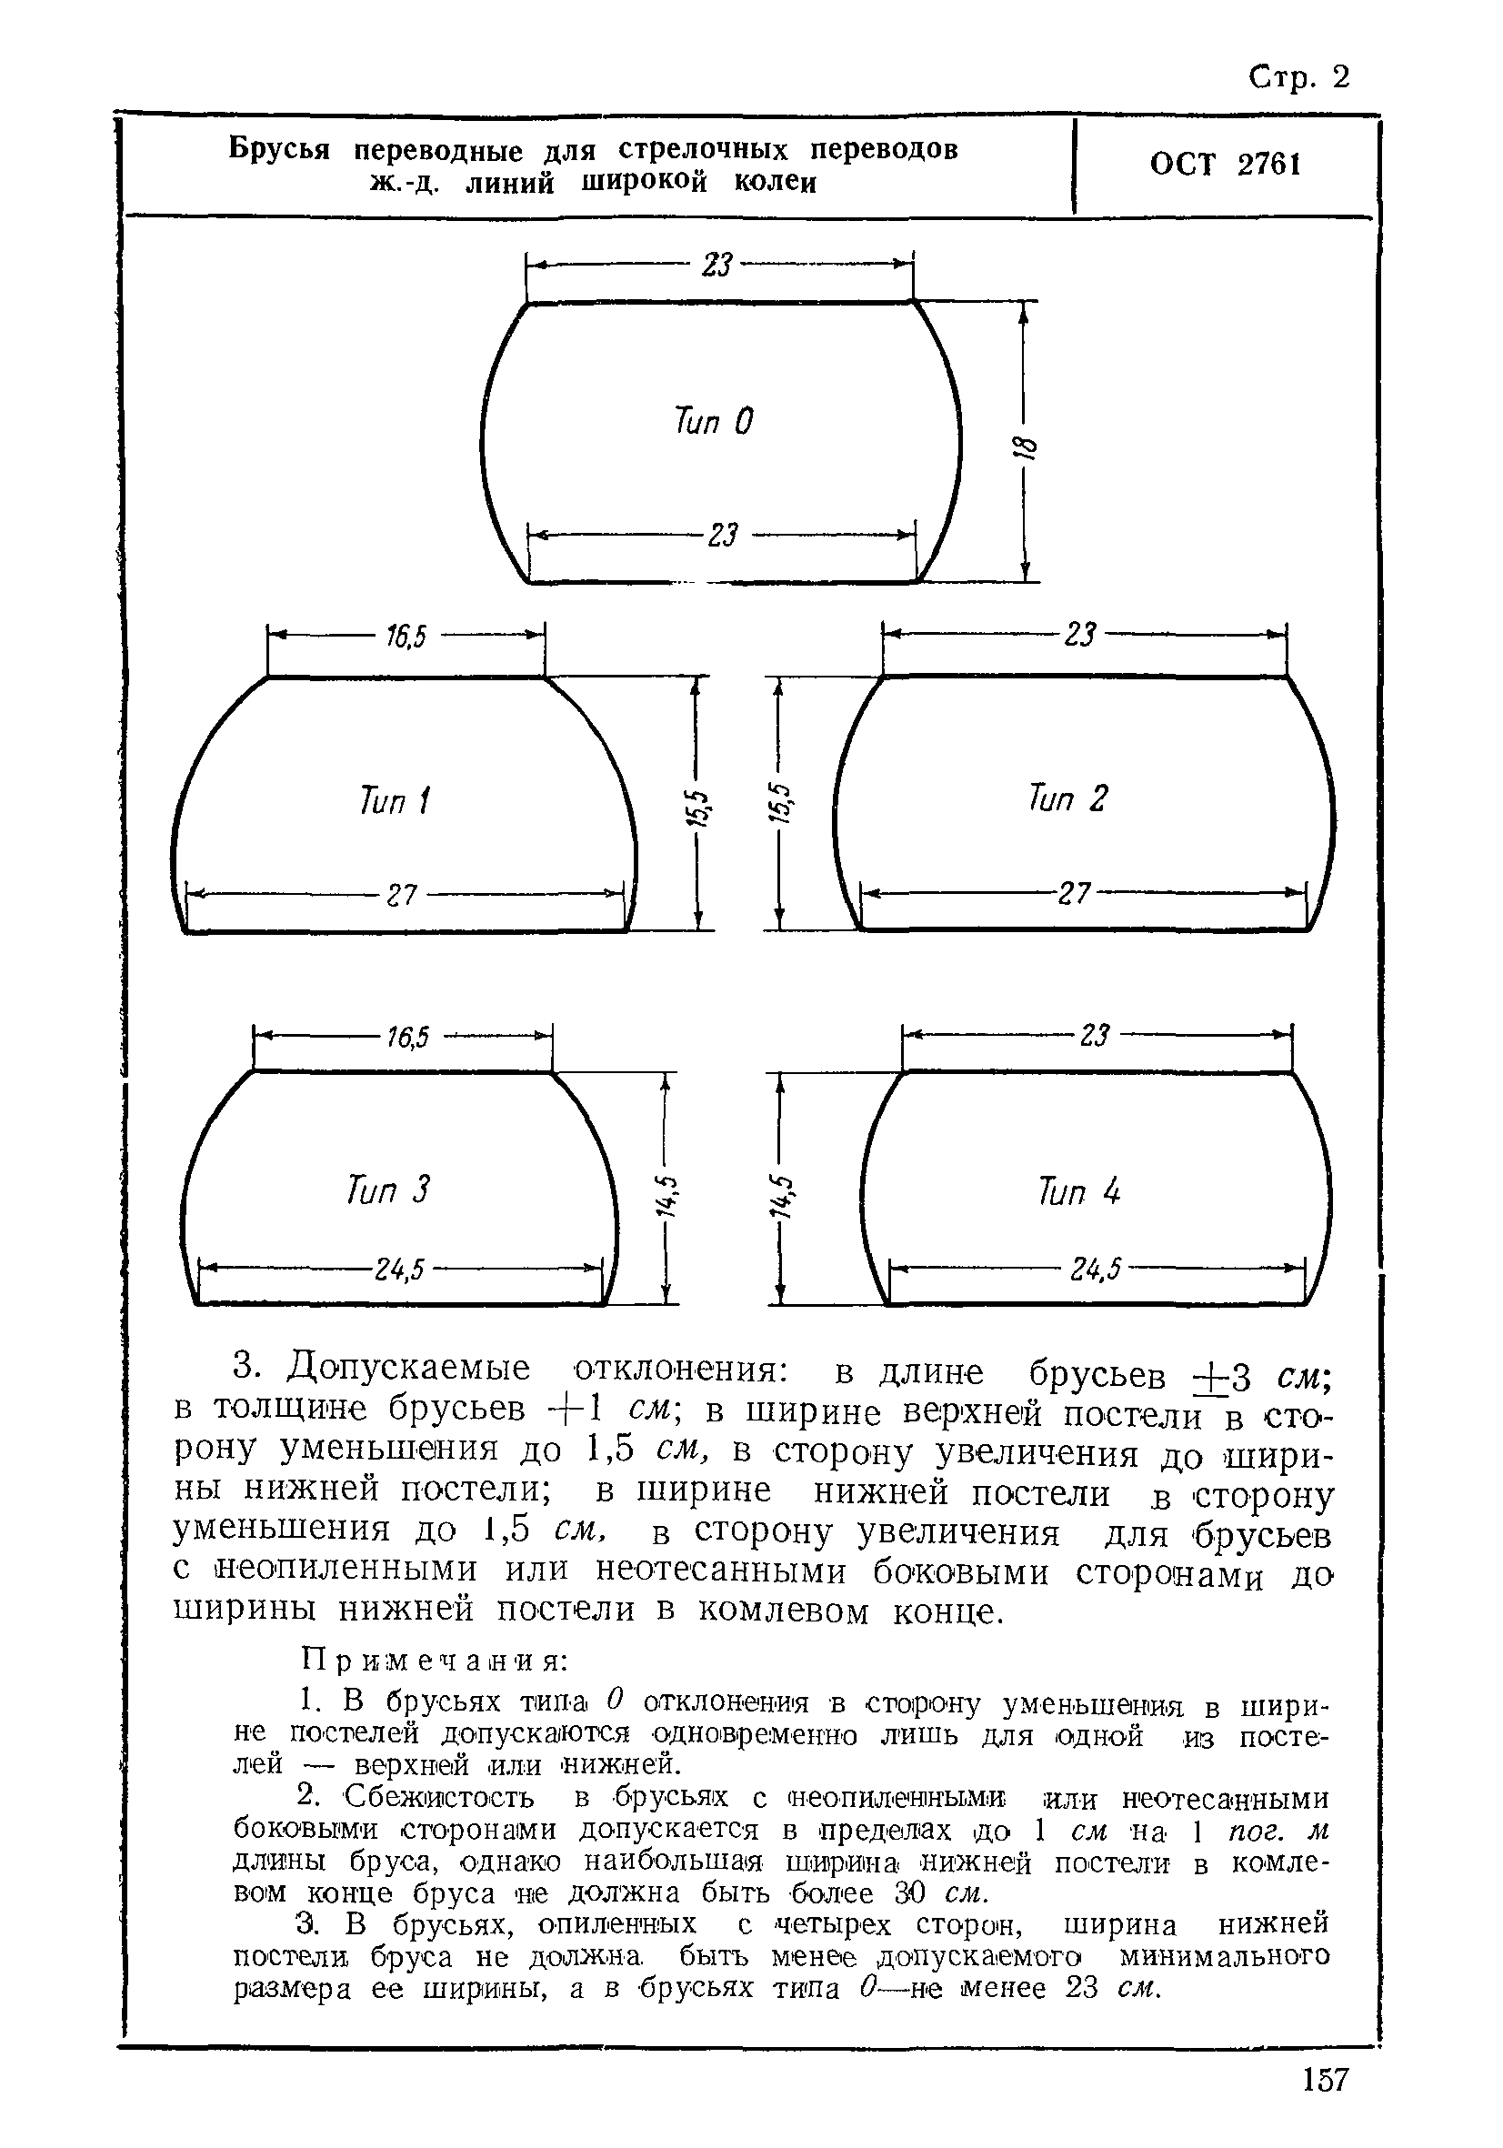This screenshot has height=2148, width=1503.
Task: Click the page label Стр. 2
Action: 1299,77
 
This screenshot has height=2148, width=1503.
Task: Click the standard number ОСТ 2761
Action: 1224,165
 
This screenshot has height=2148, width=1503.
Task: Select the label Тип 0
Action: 713,421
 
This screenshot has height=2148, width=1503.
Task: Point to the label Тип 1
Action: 394,801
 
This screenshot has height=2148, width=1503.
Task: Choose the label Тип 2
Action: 1067,799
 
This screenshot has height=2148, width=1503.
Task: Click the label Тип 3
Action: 387,1191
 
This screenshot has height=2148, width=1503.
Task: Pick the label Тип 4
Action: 1078,1192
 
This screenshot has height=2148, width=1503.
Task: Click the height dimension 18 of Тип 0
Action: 1026,448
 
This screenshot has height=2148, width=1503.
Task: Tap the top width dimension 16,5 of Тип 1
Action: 406,637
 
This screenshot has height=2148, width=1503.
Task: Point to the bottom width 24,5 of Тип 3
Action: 400,1270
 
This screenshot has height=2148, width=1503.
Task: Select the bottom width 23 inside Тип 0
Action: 722,536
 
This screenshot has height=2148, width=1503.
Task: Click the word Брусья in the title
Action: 279,150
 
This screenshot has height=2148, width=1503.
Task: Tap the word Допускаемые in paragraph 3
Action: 409,1368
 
